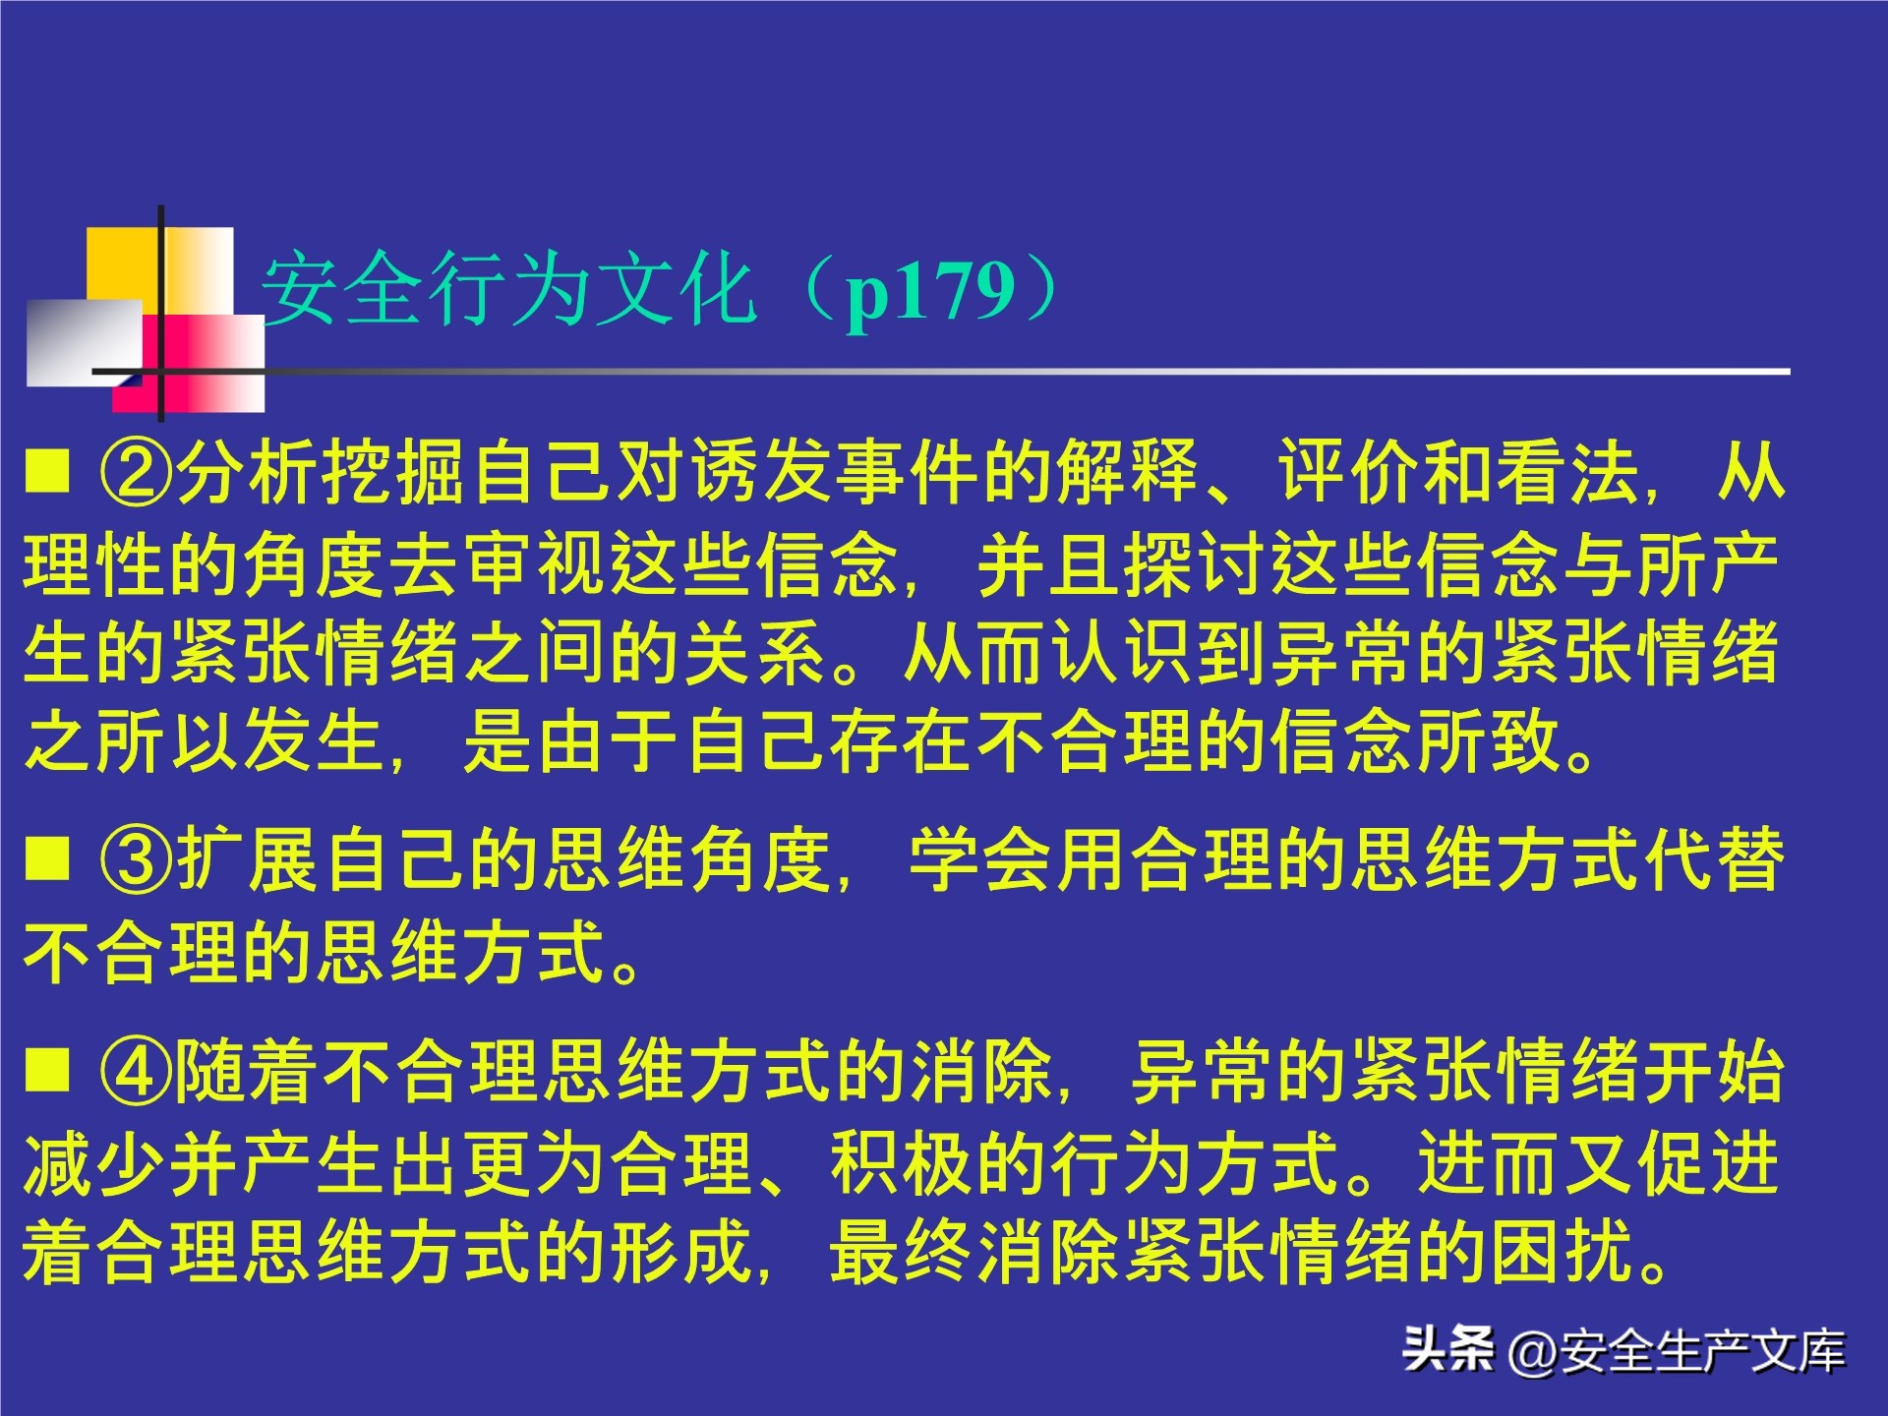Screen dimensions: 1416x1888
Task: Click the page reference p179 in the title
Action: [929, 292]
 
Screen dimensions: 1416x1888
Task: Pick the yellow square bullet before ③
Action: [47, 856]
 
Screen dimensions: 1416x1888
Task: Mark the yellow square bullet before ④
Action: [47, 1070]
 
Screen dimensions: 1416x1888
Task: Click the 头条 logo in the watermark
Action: [1448, 1349]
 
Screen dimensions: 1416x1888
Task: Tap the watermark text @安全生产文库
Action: [1677, 1351]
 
